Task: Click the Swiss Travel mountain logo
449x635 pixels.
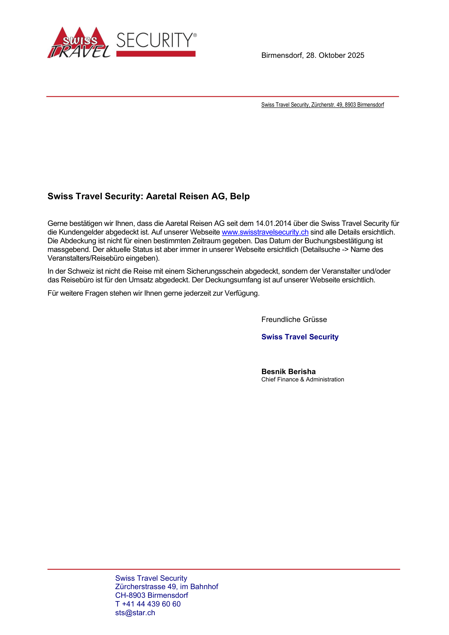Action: pyautogui.click(x=79, y=43)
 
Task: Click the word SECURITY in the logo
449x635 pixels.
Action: pyautogui.click(x=155, y=40)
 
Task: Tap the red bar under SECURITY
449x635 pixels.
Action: pyautogui.click(x=156, y=54)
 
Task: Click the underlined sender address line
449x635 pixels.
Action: pyautogui.click(x=322, y=105)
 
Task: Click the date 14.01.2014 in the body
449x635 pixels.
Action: pyautogui.click(x=273, y=223)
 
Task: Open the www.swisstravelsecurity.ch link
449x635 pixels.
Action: pyautogui.click(x=265, y=232)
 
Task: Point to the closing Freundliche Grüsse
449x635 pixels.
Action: pyautogui.click(x=294, y=320)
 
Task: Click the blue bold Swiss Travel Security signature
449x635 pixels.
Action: pyautogui.click(x=300, y=337)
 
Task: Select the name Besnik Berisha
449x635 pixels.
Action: pyautogui.click(x=288, y=372)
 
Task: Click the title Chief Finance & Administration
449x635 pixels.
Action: pyautogui.click(x=302, y=380)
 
